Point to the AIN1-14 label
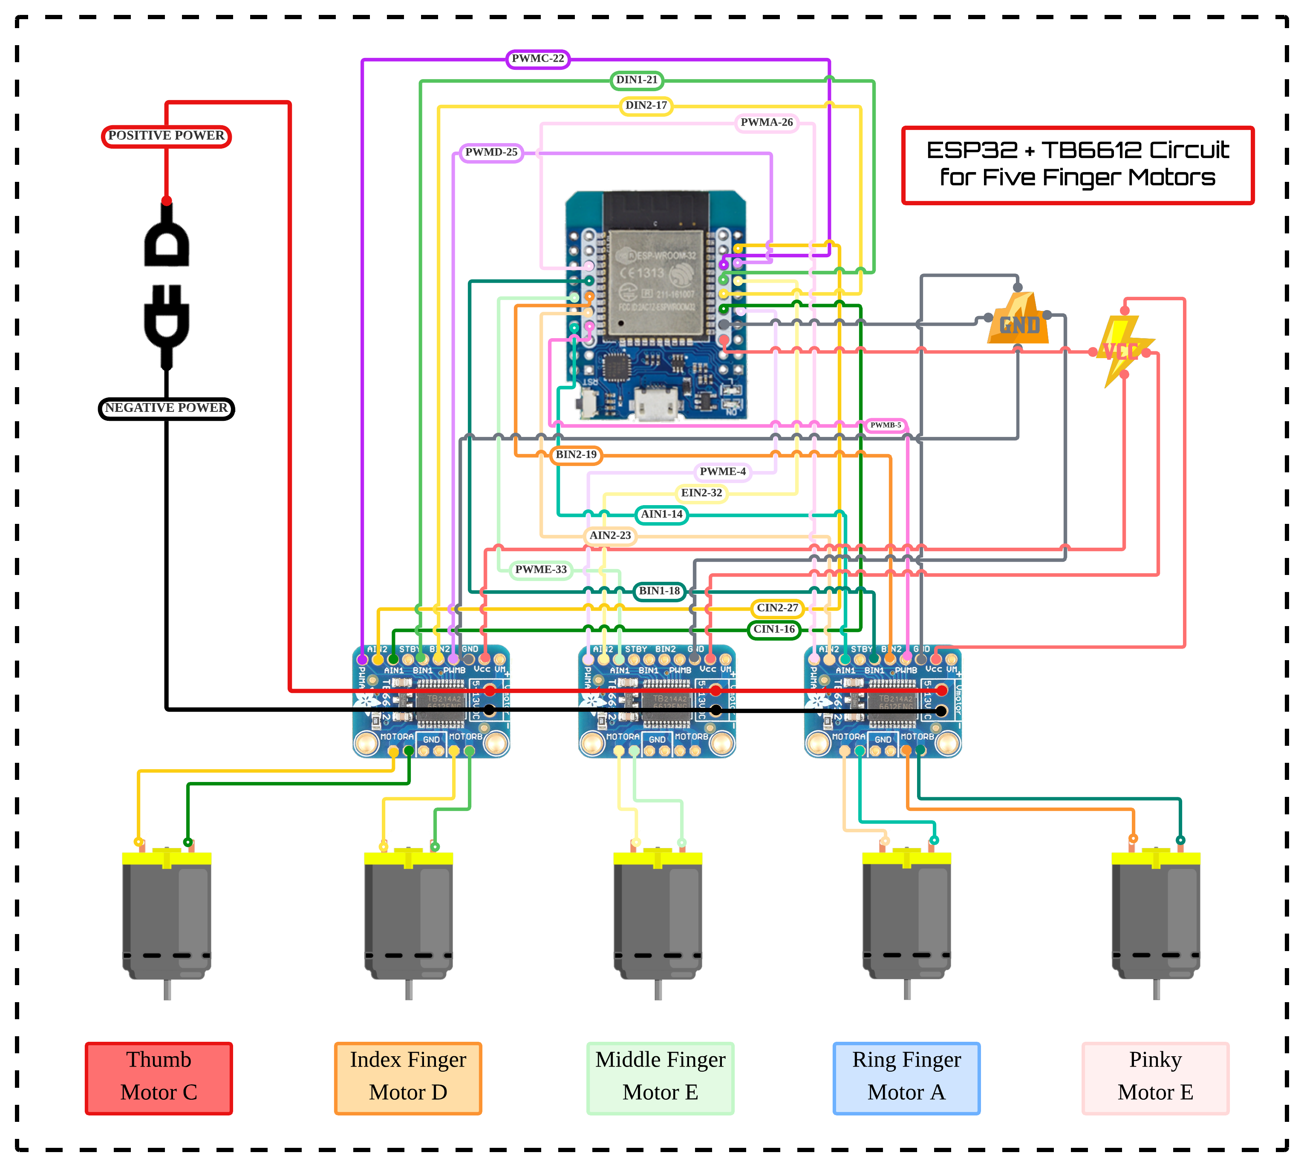661,514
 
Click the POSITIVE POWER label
166,136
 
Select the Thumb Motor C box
159,1078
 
